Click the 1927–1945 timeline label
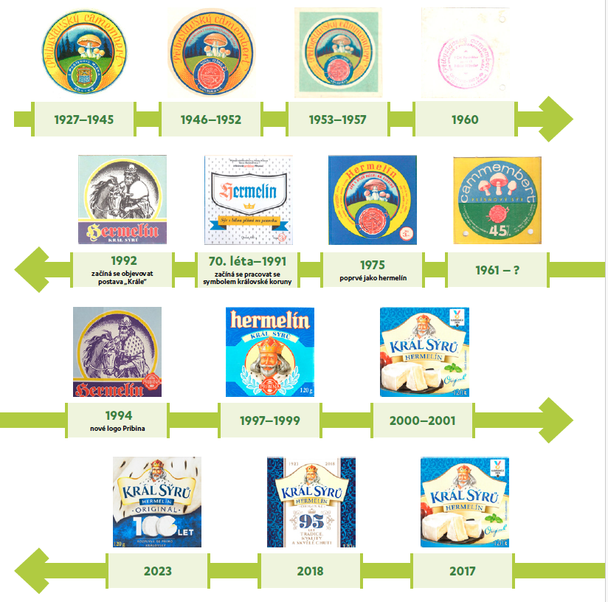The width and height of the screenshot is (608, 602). point(84,120)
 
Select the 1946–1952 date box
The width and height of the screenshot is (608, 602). point(211,120)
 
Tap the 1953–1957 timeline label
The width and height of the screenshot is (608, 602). point(338,120)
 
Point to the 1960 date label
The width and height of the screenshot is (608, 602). point(465,120)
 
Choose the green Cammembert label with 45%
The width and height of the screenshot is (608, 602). point(497,200)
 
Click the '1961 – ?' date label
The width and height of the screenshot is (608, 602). point(497,270)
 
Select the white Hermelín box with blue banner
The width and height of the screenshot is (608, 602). point(248,200)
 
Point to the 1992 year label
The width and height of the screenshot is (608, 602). point(123,260)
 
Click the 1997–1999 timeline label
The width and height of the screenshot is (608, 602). point(269,421)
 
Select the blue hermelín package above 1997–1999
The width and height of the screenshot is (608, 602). point(269,352)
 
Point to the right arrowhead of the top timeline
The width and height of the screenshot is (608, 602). point(557,119)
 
